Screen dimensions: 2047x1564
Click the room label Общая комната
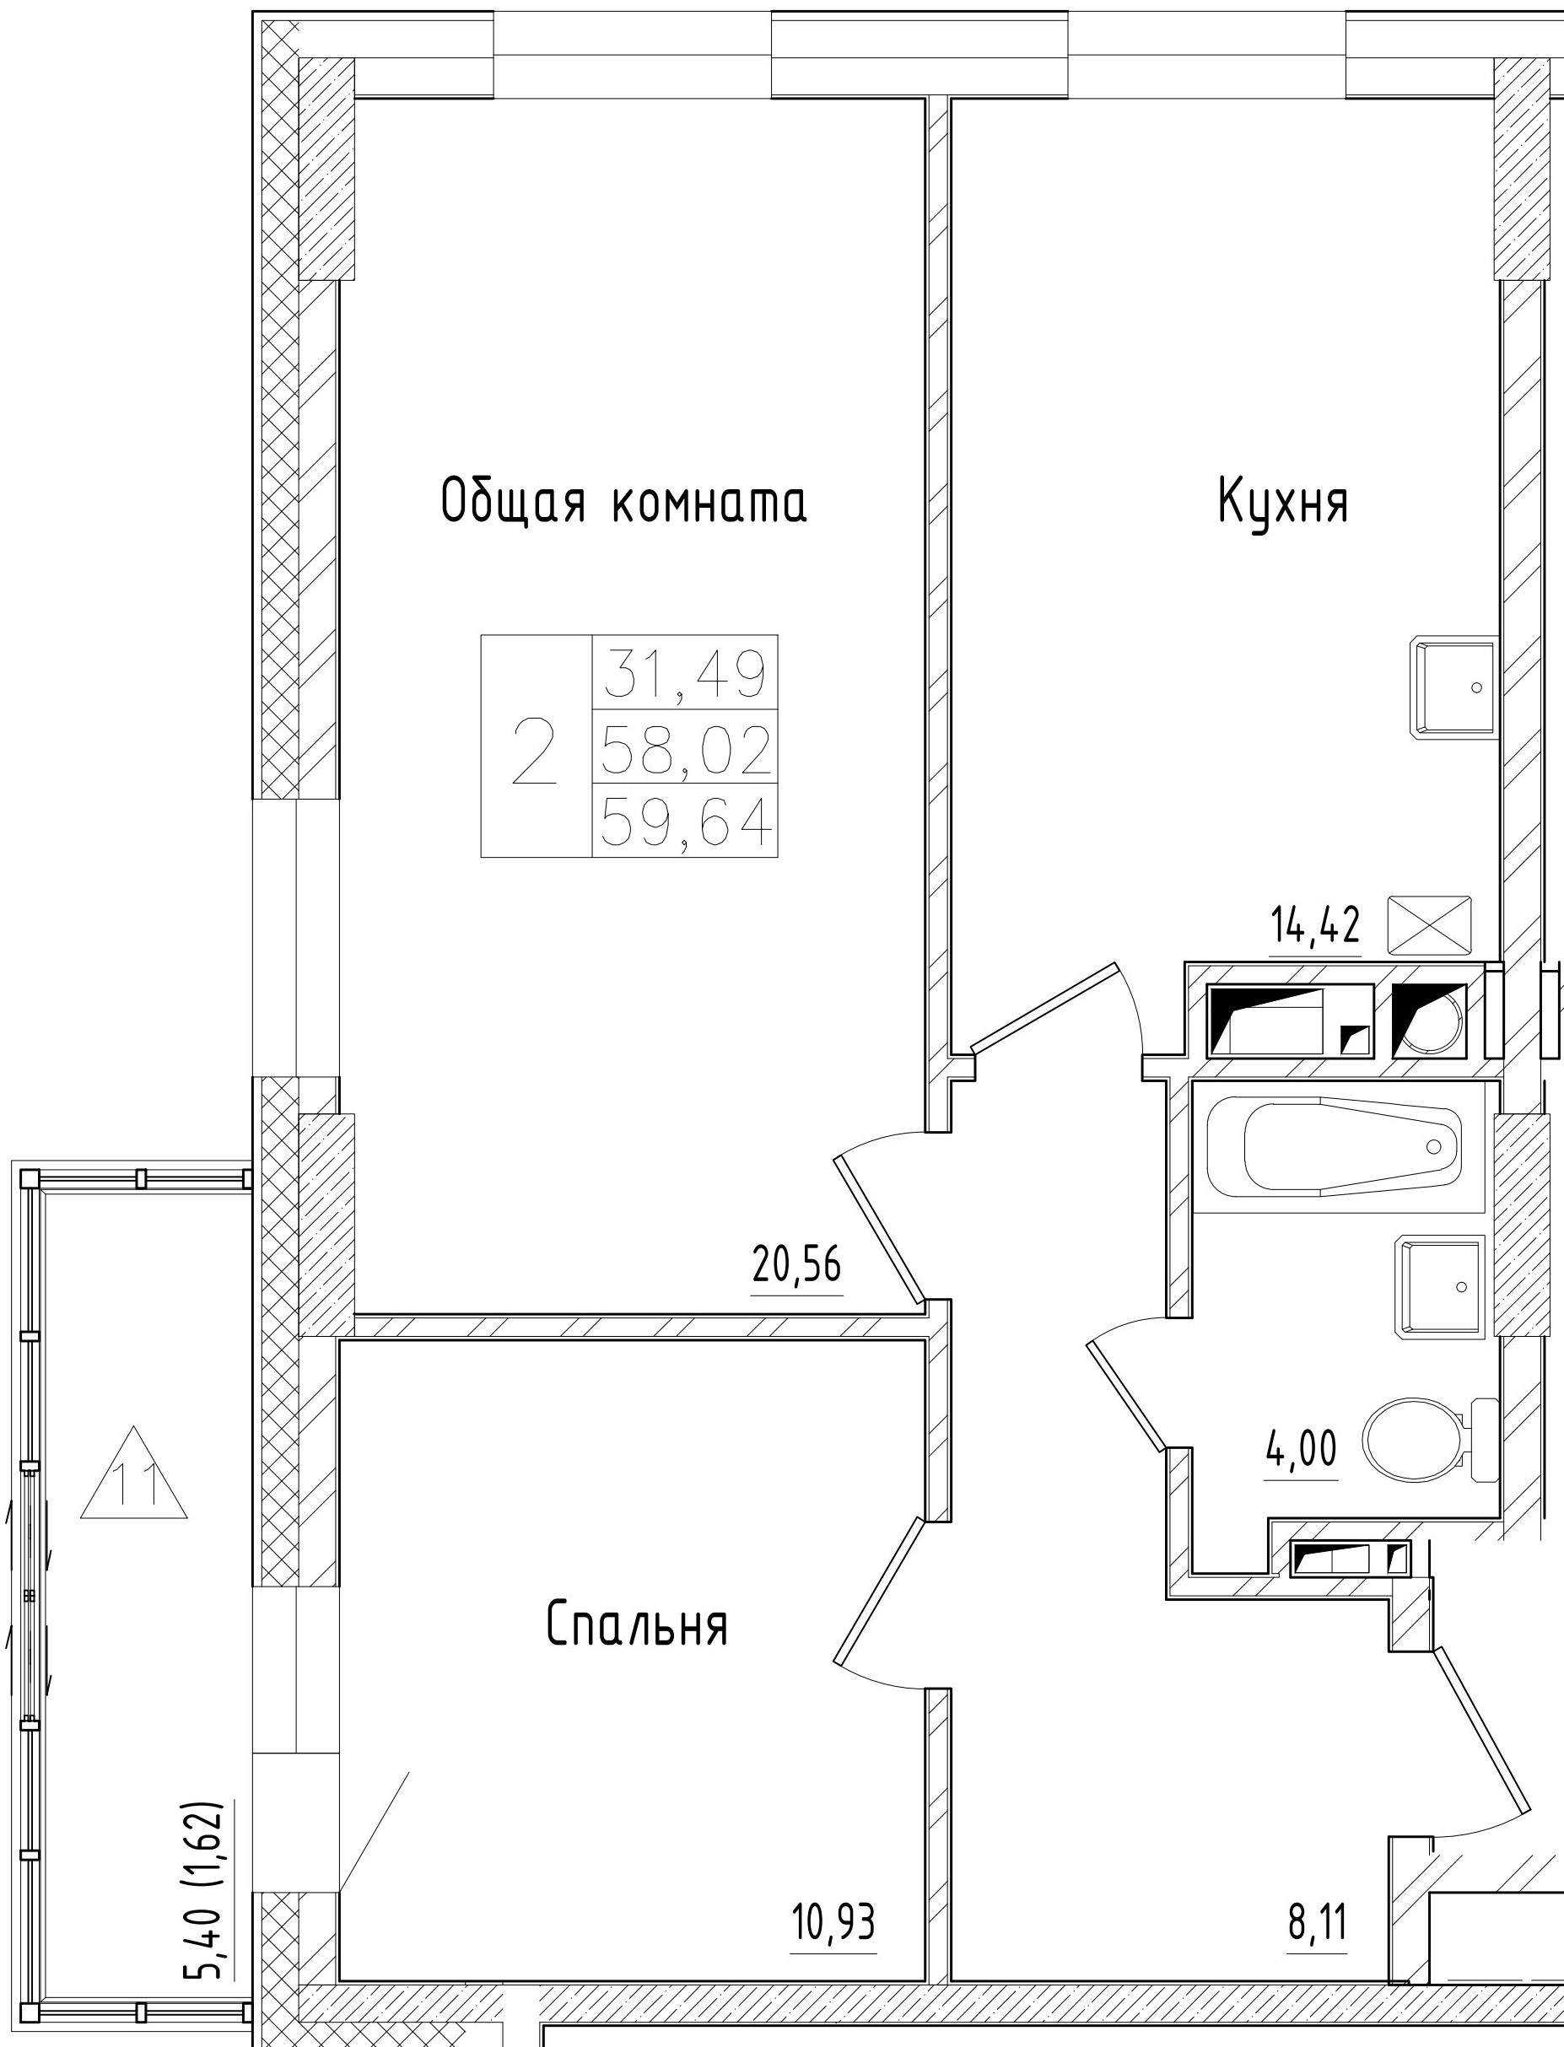point(623,502)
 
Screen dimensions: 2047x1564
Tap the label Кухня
point(1283,502)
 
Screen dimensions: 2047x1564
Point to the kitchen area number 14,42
point(1315,926)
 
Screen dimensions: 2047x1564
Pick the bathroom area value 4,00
point(1301,1449)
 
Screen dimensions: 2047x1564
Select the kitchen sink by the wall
point(1455,687)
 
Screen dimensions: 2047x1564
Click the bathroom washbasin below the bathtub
point(1439,1286)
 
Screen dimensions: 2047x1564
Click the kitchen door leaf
point(1044,1008)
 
